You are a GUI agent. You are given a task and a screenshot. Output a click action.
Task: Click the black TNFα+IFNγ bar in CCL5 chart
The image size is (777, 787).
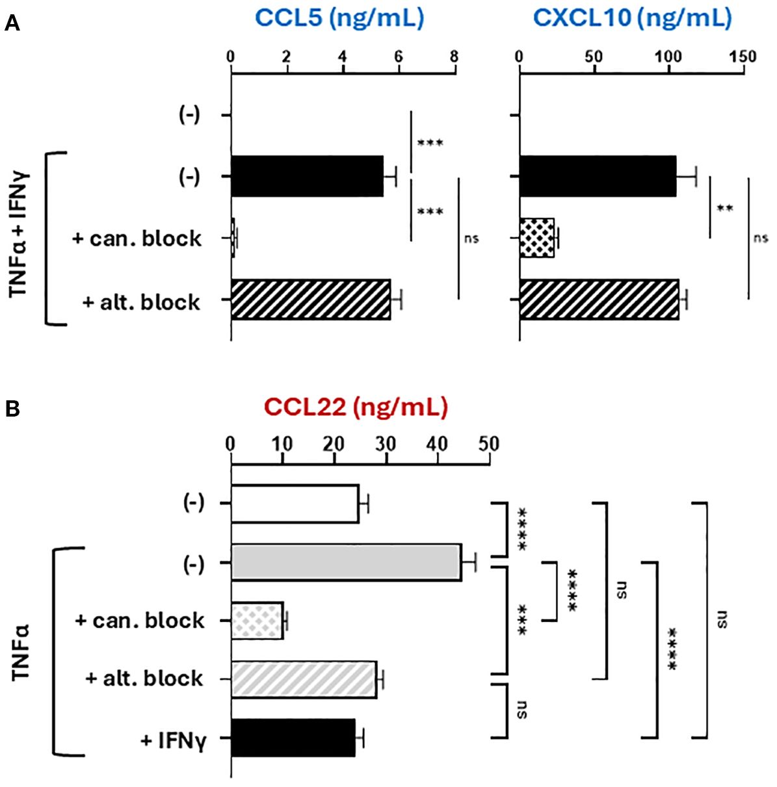307,176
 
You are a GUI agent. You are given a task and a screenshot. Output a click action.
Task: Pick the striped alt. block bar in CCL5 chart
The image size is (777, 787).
311,300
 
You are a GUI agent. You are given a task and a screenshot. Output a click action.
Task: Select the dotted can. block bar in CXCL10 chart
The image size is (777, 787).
536,239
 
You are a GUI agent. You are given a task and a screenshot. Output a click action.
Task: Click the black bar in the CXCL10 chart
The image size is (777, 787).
598,176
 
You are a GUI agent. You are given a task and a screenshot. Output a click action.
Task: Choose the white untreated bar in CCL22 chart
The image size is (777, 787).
295,504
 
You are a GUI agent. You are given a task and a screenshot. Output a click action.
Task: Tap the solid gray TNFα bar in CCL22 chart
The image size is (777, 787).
346,563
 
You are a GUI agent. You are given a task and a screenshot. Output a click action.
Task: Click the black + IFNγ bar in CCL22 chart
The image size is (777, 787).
293,738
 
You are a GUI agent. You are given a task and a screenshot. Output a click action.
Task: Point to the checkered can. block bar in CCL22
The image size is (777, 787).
257,621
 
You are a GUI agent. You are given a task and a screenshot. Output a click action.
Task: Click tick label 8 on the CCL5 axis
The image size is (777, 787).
454,57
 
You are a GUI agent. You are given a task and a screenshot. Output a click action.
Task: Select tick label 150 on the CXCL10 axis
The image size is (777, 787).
743,57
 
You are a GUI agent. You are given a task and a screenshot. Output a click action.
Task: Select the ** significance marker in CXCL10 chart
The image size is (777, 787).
724,208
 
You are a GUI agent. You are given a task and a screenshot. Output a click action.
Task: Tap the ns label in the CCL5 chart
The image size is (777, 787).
471,239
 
